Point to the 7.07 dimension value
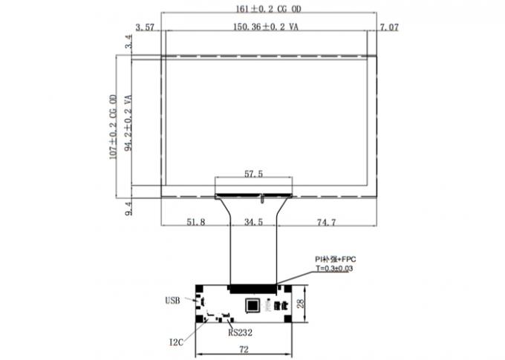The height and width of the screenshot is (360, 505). point(390,27)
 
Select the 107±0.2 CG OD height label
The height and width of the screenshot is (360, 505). point(114,127)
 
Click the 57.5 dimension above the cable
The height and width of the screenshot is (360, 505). point(254,174)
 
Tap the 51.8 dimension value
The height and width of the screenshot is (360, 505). point(195,222)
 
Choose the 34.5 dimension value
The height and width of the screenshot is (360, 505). point(254,222)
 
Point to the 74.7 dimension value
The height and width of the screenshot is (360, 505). point(328,222)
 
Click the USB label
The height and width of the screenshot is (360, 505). point(172,301)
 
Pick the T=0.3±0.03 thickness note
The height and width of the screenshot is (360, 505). point(335,268)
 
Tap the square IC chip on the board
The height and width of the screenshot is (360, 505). point(253,304)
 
